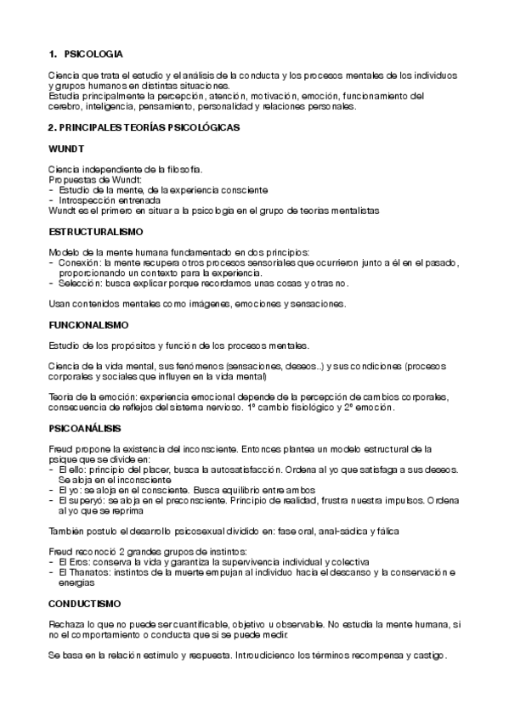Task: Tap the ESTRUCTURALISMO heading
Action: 96,231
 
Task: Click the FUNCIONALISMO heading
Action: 88,324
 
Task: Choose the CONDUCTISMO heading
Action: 85,603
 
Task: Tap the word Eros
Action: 77,562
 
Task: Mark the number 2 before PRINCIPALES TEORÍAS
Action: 52,127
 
